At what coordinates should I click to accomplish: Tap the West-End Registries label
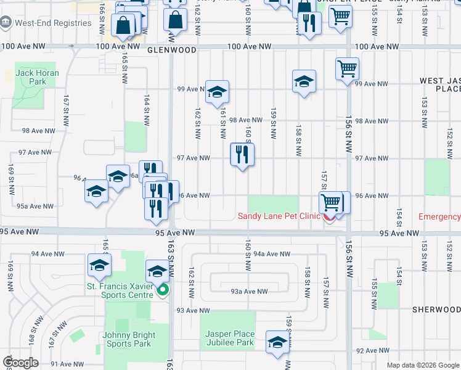point(53,23)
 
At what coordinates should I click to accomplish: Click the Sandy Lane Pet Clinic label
point(279,216)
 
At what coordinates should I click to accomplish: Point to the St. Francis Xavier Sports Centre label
point(120,290)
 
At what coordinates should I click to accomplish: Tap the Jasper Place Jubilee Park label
point(229,338)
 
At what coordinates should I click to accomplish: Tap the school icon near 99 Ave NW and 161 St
point(217,92)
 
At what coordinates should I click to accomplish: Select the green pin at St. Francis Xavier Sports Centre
point(163,290)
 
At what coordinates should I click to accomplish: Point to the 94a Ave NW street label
point(271,253)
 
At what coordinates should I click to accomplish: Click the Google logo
point(21,363)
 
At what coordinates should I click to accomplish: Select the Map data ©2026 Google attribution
point(422,365)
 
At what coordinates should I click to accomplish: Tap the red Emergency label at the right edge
point(439,216)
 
